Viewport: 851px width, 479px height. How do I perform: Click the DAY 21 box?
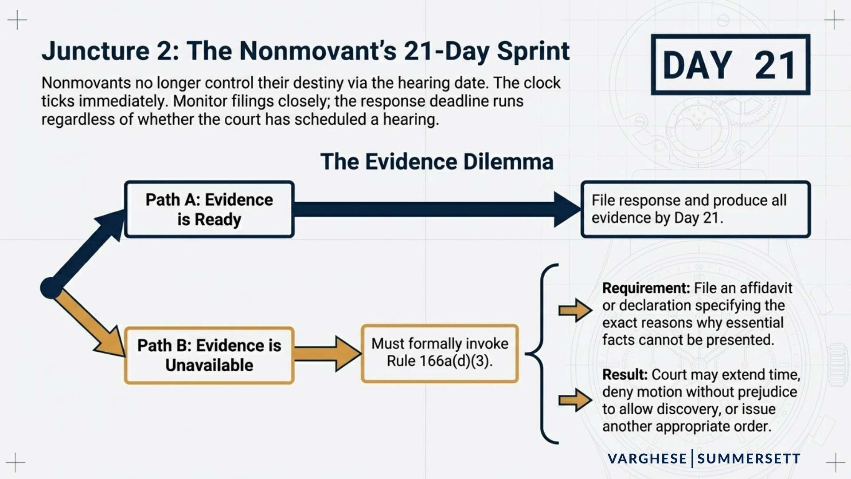730,65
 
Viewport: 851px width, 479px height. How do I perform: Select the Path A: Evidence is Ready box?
209,209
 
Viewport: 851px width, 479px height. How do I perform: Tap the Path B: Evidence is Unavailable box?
209,355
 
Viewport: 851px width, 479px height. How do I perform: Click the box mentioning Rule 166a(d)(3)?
440,353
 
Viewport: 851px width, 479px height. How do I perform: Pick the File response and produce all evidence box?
695,209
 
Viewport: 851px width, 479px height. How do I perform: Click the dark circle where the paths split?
51,288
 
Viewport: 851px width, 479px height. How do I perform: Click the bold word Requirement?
646,288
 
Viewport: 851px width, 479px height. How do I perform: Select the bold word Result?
625,375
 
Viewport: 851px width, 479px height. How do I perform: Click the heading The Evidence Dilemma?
437,161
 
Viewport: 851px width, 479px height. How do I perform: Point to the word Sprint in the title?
533,51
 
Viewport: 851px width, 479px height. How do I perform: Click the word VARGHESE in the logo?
647,459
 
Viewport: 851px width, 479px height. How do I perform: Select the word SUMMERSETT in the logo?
749,459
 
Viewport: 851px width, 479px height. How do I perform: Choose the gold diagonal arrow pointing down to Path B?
91,324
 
